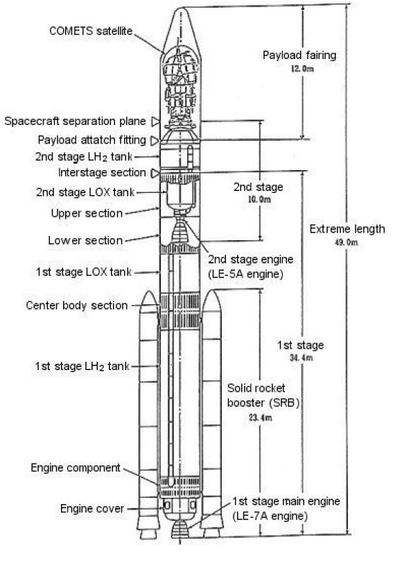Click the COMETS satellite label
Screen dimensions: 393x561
(91, 31)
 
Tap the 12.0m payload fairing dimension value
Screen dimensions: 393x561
(302, 68)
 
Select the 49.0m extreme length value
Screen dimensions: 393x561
(346, 242)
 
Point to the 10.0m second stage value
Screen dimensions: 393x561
(259, 199)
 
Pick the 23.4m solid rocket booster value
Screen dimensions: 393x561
(260, 417)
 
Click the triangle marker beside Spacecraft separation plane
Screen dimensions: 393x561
(155, 122)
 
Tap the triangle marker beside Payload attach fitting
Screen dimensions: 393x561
(155, 141)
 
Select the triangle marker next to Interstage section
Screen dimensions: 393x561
(155, 173)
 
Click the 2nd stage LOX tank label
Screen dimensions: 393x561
(85, 192)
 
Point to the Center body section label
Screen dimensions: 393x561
(77, 305)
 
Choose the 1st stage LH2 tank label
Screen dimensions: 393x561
(82, 367)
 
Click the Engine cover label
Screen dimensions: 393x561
(92, 508)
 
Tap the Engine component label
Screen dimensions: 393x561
(76, 468)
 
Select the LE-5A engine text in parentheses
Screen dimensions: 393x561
(246, 274)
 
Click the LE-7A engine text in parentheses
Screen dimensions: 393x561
(270, 517)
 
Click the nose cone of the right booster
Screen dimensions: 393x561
(211, 301)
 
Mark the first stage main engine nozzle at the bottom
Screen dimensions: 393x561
(180, 530)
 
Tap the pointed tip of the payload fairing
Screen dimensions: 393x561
(181, 8)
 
